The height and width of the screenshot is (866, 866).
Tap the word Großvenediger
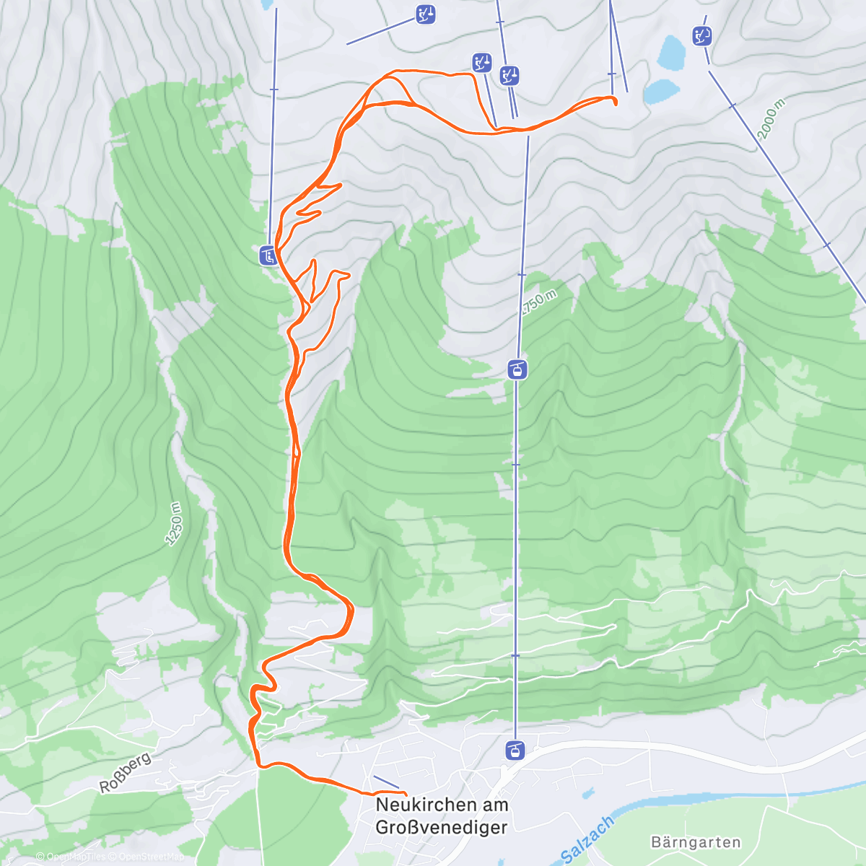pos(442,827)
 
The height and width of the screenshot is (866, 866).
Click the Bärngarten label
pos(695,842)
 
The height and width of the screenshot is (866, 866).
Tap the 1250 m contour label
pos(174,524)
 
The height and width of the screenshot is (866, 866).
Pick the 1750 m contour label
pos(539,302)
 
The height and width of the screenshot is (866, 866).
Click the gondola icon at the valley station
pos(516,750)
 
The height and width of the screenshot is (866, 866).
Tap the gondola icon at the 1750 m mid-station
pos(517,370)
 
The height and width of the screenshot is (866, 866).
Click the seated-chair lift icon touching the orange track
pos(268,255)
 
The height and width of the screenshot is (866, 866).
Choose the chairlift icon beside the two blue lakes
pos(701,35)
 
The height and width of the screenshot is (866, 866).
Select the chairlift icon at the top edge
pos(426,14)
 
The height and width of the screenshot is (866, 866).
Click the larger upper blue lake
pos(672,53)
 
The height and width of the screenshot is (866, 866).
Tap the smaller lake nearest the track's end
pos(661,92)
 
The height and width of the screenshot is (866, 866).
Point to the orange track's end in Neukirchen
pos(406,795)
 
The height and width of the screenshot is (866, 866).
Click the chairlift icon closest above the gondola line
pos(509,75)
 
